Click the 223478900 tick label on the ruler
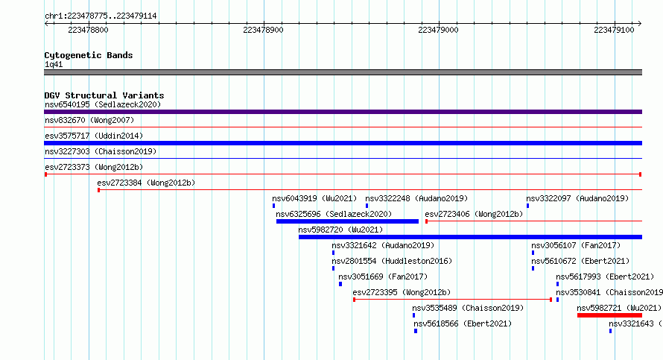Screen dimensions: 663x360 (263, 30)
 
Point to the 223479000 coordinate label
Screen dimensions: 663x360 (438, 30)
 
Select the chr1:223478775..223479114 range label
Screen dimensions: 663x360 (101, 16)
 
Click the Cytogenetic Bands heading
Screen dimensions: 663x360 (89, 55)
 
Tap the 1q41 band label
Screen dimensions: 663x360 (54, 64)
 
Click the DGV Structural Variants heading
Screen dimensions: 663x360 (104, 95)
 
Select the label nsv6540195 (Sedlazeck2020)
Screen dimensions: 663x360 (103, 104)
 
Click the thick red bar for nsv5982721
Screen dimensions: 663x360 (609, 315)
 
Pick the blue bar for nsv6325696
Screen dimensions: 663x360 (347, 221)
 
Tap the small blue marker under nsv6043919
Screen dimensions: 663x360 (273, 206)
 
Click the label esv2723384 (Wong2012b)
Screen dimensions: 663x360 (146, 183)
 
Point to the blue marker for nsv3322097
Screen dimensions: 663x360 (527, 206)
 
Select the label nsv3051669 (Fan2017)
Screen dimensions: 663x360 (383, 277)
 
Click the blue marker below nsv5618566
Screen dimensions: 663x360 (416, 331)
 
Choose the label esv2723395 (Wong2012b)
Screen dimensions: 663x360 (402, 292)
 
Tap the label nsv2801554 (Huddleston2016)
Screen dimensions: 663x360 (392, 261)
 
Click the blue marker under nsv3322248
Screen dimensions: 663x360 (367, 206)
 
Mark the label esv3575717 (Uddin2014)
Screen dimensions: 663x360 (94, 136)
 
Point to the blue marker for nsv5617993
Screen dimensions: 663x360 (557, 284)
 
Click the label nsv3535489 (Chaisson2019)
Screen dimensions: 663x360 (468, 308)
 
